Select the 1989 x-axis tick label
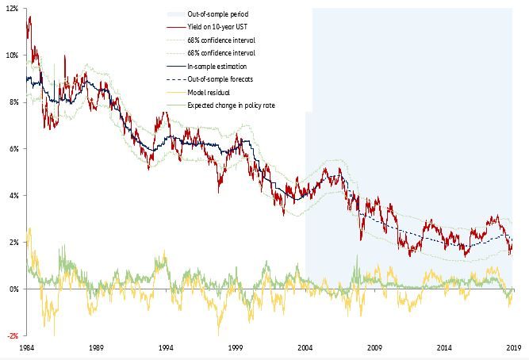[96, 348]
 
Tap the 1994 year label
[166, 348]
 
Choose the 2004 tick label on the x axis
[305, 348]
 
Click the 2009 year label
[374, 348]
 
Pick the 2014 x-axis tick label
[444, 348]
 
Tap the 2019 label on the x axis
[513, 348]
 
